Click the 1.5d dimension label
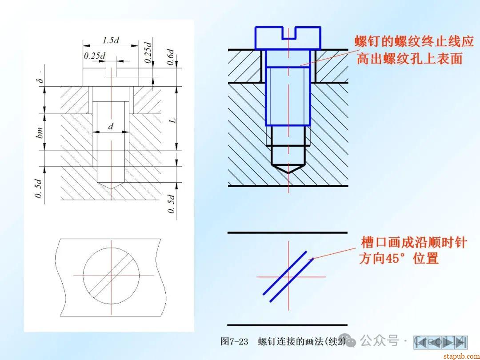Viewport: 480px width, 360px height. tap(111, 40)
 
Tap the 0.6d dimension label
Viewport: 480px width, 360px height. tap(170, 57)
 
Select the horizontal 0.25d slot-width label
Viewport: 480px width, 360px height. tap(95, 56)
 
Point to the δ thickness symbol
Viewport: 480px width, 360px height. tap(40, 81)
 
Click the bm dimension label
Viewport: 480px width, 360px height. tap(40, 132)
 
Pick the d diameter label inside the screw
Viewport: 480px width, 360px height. tap(111, 126)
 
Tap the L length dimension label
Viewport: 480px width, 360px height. tap(173, 120)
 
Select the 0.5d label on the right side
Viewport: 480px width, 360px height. tap(171, 204)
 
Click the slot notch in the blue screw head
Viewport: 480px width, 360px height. tap(288, 33)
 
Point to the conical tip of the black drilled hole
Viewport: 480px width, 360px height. tap(288, 169)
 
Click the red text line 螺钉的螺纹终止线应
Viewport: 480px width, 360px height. tap(414, 41)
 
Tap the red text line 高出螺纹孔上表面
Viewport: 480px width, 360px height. tap(409, 58)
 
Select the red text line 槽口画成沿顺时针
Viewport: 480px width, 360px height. tap(414, 243)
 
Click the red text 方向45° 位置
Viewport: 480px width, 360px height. tap(399, 259)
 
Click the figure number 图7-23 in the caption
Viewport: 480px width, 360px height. tap(234, 341)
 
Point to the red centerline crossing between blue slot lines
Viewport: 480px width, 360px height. tap(288, 277)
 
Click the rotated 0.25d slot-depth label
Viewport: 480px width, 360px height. tap(148, 52)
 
